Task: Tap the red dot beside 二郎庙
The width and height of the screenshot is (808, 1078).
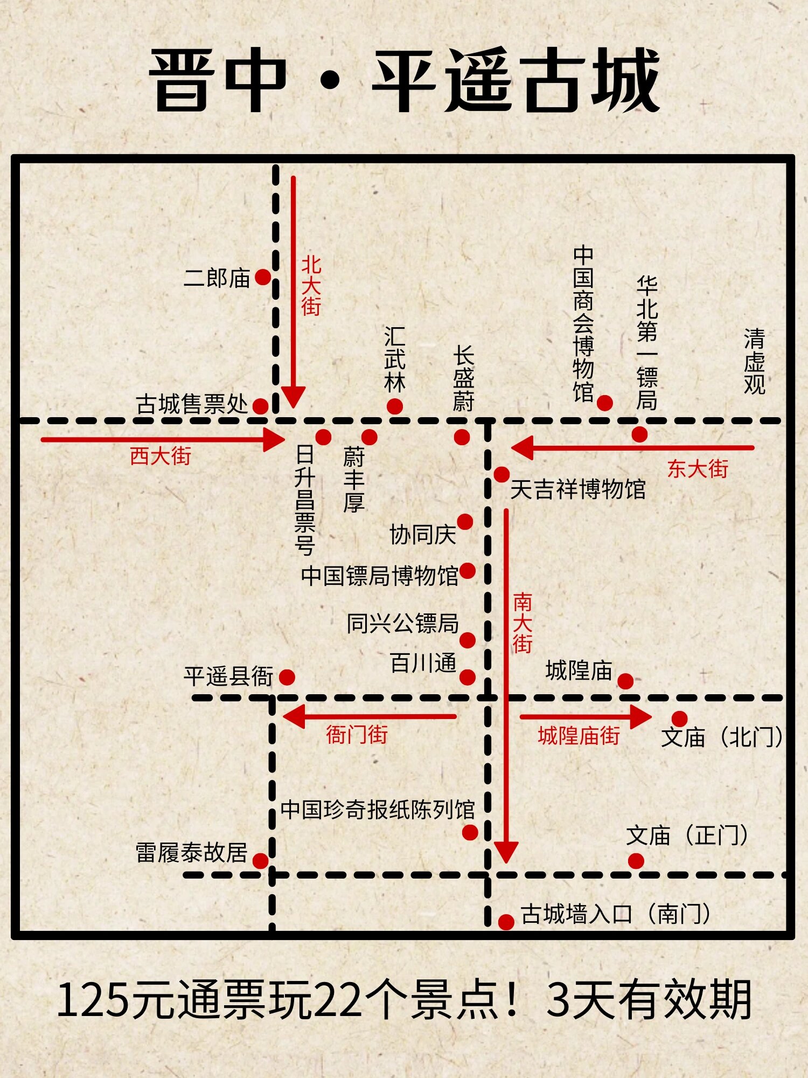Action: click(x=263, y=277)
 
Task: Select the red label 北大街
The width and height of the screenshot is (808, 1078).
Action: click(x=311, y=286)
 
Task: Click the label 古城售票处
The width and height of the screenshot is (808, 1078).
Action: click(x=192, y=404)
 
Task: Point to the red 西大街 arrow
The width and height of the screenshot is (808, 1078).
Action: click(x=162, y=439)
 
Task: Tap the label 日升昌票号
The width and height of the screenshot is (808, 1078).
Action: click(x=305, y=500)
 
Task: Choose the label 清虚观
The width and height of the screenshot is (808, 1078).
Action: click(x=754, y=362)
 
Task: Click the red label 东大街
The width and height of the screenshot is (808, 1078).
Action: click(x=698, y=468)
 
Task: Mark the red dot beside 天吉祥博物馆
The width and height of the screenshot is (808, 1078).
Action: click(x=501, y=474)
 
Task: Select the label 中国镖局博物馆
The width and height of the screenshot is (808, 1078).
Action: click(x=380, y=576)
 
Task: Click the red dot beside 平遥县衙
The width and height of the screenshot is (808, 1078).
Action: click(x=287, y=677)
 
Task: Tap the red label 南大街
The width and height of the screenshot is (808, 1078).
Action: click(x=523, y=623)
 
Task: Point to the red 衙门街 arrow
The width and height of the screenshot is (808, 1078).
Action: click(x=370, y=716)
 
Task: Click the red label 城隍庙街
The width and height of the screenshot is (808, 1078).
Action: click(x=579, y=735)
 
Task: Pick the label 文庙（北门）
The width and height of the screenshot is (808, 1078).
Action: click(x=722, y=737)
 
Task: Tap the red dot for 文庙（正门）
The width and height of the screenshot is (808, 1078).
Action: click(x=636, y=861)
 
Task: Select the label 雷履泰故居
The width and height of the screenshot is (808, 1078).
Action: click(x=192, y=853)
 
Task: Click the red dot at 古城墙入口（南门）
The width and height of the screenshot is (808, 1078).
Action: click(x=506, y=922)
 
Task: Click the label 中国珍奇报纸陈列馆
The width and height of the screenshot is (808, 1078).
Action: click(x=378, y=810)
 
